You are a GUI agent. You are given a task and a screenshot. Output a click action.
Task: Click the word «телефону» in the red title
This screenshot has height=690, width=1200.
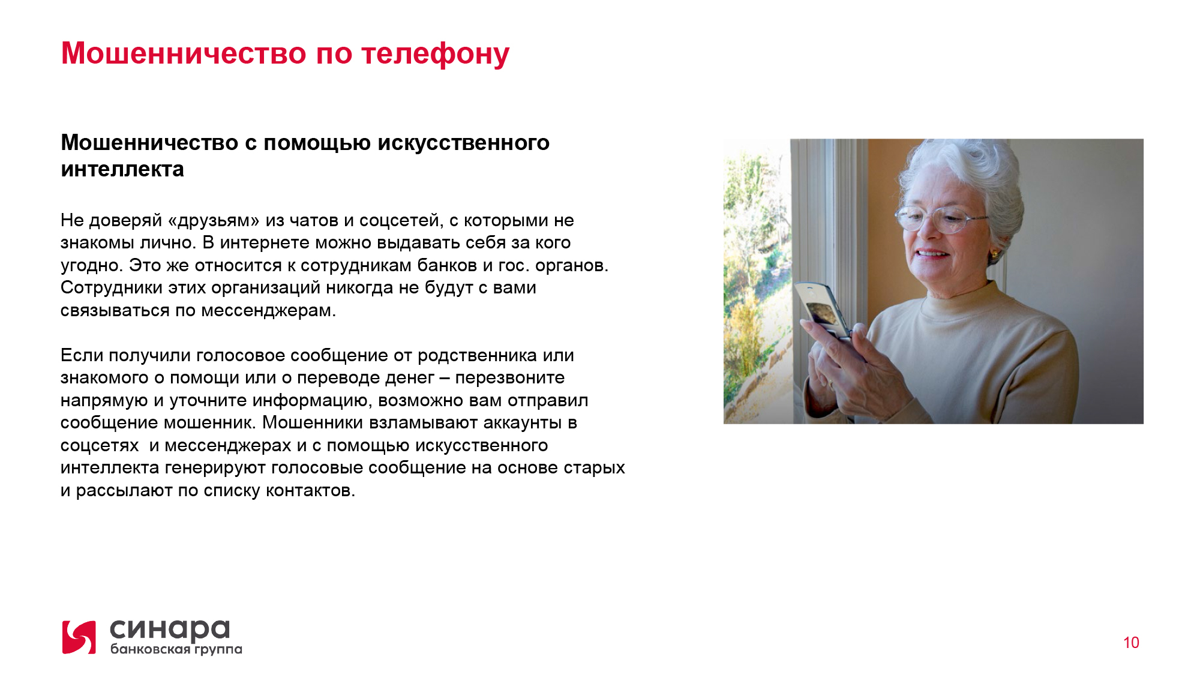[436, 54]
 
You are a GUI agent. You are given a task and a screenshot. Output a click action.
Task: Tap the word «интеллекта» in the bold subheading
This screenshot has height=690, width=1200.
[122, 169]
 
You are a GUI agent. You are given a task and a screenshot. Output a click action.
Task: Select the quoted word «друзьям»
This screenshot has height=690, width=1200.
[214, 221]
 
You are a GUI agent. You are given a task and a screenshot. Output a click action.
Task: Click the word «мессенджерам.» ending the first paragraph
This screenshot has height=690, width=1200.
[268, 311]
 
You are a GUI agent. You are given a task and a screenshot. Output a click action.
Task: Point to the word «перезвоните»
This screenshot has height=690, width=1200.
[510, 378]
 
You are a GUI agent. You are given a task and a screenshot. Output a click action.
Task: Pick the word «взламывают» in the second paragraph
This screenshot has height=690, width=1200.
[424, 422]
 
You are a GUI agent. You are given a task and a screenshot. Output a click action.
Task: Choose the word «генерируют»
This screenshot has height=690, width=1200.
[215, 468]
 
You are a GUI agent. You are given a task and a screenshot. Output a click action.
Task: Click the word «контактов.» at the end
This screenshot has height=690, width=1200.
[311, 491]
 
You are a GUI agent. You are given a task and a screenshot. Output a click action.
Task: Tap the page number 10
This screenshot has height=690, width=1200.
[1131, 643]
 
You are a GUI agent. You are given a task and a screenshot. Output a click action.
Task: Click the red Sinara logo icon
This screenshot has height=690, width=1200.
[79, 637]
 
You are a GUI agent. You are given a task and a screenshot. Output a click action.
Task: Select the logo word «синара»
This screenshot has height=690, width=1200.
[170, 629]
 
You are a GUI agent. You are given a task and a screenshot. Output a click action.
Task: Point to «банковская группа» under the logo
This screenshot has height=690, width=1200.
[176, 649]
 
